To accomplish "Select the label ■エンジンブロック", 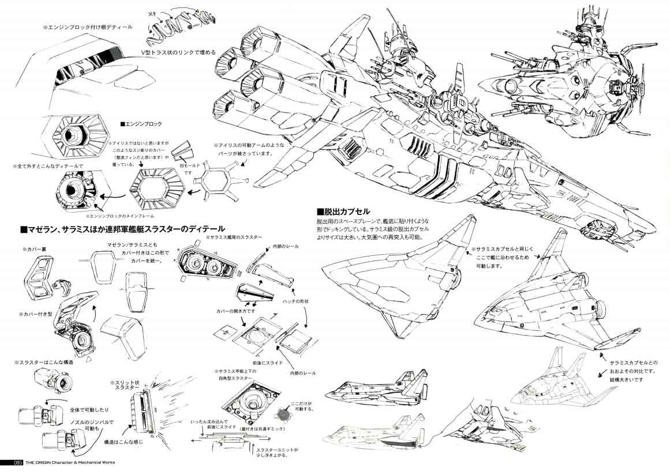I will (x=141, y=124).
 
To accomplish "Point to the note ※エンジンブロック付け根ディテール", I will (x=87, y=27).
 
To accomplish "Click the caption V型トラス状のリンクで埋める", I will (x=179, y=52).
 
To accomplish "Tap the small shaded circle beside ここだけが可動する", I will (x=283, y=413).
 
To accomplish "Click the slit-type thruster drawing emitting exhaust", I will (x=142, y=409).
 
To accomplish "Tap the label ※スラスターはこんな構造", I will (x=44, y=363).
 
